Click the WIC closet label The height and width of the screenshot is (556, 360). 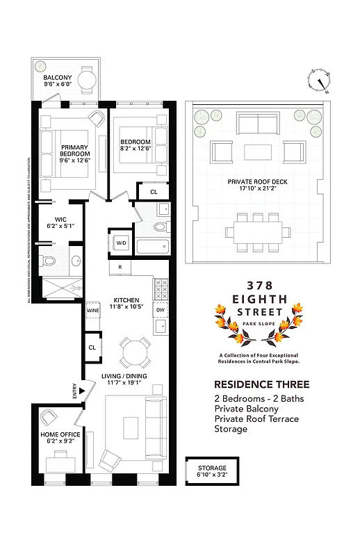(59, 222)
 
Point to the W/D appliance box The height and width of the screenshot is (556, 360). (121, 243)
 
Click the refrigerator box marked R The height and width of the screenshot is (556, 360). (120, 267)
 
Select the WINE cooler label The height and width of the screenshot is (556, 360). (92, 311)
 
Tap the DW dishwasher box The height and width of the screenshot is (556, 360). (161, 310)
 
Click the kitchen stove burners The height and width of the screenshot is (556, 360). (161, 288)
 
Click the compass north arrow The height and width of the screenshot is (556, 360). (322, 81)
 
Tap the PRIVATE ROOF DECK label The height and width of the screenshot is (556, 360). (257, 185)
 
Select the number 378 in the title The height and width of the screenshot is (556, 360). (258, 286)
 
